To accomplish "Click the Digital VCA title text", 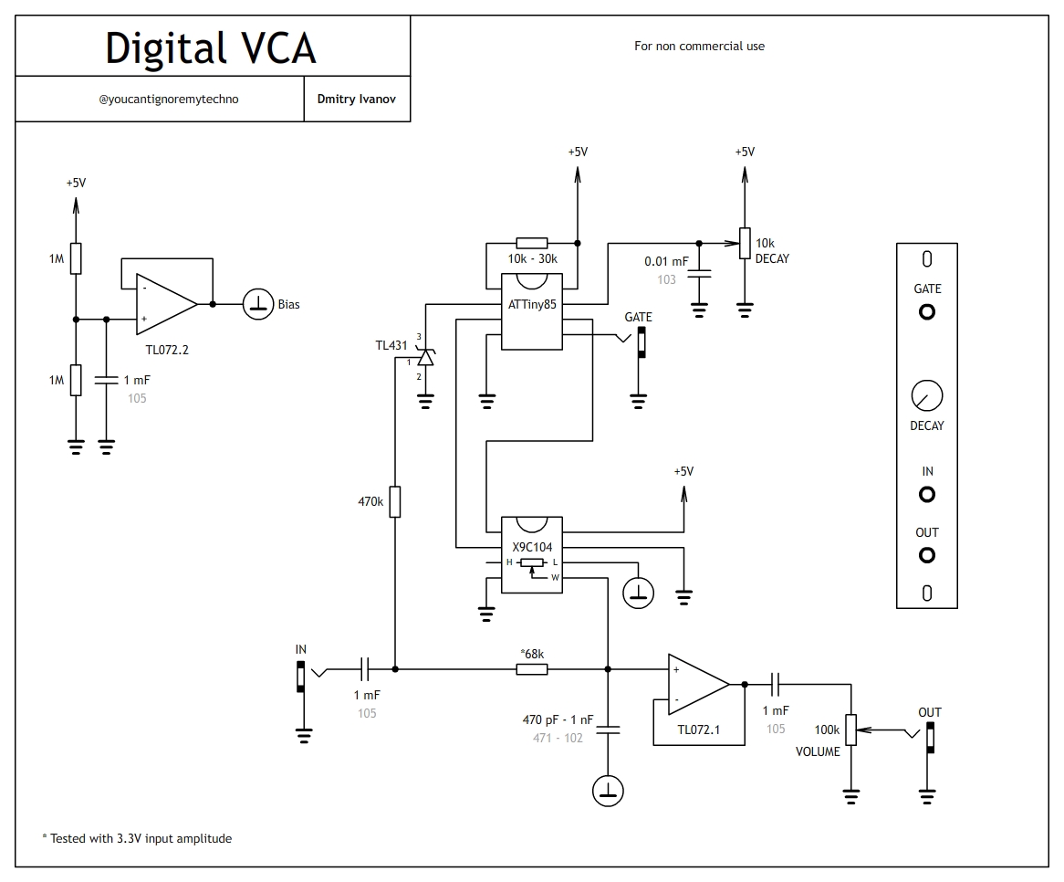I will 211,47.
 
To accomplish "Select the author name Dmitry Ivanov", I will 357,99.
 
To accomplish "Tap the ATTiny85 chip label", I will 532,305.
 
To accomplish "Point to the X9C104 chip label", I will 532,548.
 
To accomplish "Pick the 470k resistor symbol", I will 395,501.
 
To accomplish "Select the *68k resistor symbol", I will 532,669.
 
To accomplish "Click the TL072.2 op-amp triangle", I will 165,304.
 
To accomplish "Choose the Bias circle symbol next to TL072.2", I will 258,304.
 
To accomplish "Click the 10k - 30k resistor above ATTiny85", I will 532,244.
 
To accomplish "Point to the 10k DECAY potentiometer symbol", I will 745,244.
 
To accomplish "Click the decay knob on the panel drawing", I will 927,396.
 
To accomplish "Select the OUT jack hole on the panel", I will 927,555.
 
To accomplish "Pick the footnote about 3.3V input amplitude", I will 137,838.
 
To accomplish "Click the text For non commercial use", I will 699,46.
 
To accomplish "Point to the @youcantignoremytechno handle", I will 168,99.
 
